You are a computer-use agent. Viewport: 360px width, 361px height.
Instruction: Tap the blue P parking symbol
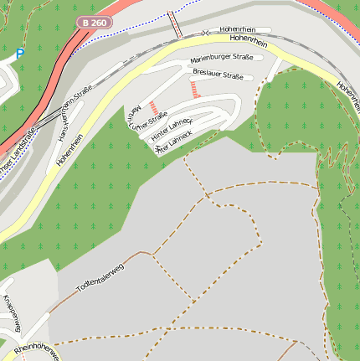tap(20, 54)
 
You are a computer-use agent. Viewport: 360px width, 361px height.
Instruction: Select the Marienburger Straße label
tap(221, 59)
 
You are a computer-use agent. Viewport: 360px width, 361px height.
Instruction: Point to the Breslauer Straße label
tap(218, 75)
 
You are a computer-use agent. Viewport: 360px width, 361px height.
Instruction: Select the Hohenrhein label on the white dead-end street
tap(239, 29)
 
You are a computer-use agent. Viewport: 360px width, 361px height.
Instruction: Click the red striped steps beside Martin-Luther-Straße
tap(153, 107)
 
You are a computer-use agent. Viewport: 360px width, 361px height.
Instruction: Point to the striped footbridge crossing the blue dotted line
tap(175, 23)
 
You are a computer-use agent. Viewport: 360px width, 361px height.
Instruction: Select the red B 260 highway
tap(50, 84)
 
